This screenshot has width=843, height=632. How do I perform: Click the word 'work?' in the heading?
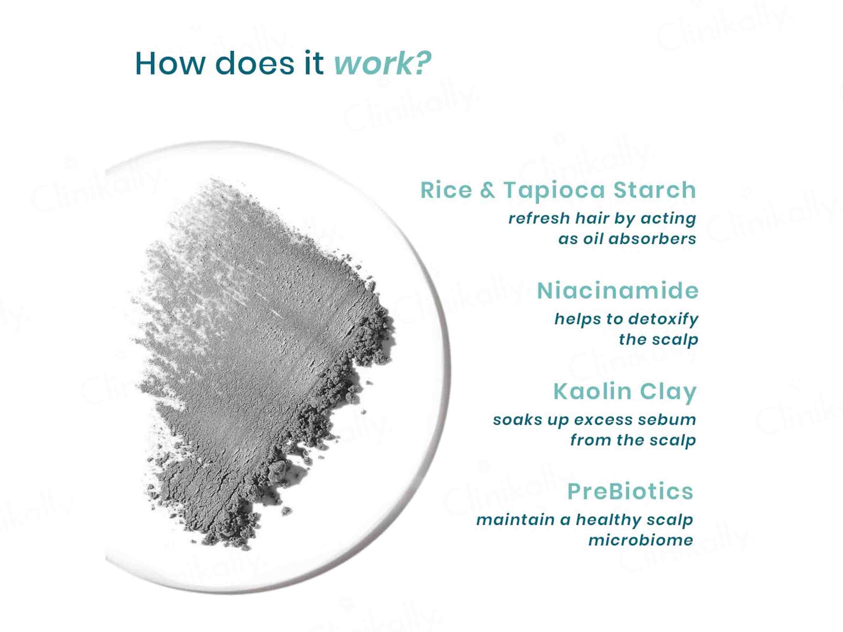pos(382,63)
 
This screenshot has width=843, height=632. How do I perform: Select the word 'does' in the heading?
pos(255,63)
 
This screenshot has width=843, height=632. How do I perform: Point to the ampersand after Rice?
pos(487,190)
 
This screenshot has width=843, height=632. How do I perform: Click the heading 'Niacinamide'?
pos(618,291)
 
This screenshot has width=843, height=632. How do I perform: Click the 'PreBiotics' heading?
pos(630,491)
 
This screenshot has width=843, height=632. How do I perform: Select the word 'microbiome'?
pos(641,540)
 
